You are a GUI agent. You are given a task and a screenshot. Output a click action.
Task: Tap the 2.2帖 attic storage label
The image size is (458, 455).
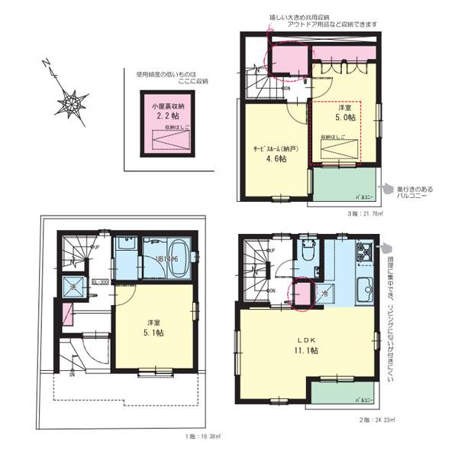coord(168,117)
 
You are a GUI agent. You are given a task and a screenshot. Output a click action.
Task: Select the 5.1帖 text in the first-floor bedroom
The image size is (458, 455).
coord(153,331)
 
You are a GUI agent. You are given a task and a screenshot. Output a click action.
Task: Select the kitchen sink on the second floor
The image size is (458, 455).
coord(364,290)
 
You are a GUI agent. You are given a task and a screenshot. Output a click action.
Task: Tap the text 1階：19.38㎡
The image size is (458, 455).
coord(202,437)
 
